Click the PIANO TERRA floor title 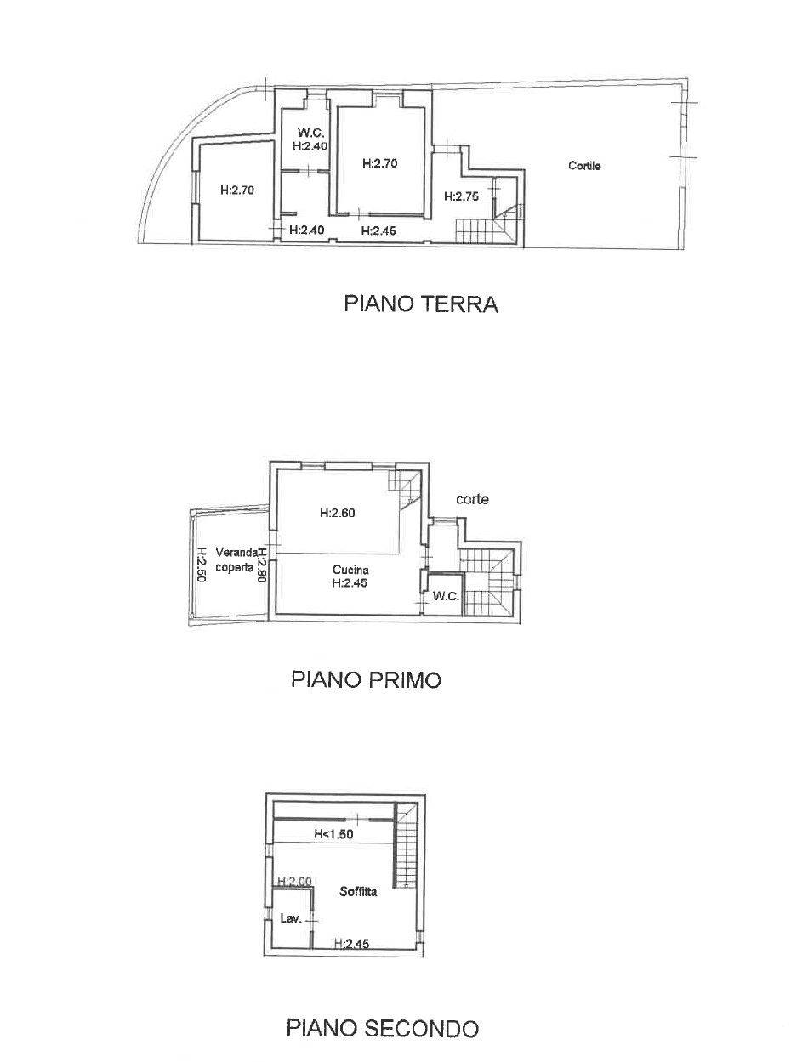tap(420, 304)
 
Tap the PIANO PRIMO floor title tap(366, 680)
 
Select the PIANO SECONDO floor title tap(382, 1029)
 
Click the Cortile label tap(584, 166)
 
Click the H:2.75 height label tap(462, 196)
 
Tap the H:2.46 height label tap(378, 230)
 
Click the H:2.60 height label tap(337, 513)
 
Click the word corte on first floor tap(472, 499)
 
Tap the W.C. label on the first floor tap(446, 596)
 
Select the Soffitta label tap(358, 892)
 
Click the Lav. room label tap(289, 918)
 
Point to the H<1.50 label tap(333, 834)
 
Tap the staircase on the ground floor tap(480, 228)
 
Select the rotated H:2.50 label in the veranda tap(202, 563)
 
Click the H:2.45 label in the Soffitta tap(350, 943)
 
